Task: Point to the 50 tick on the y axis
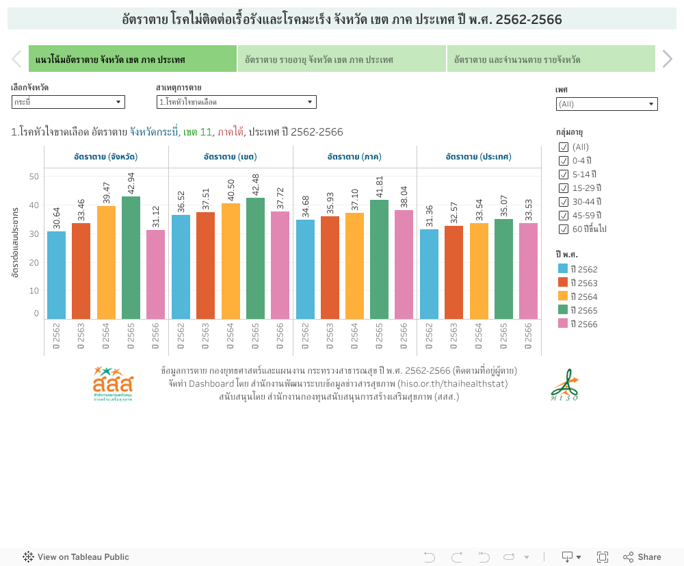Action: (34, 177)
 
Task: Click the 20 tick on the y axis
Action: (34, 262)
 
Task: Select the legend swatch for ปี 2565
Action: (564, 310)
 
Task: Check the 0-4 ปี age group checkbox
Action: (564, 160)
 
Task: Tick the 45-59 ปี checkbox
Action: (564, 215)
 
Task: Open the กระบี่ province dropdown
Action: (68, 102)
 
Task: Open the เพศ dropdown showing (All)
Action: (606, 104)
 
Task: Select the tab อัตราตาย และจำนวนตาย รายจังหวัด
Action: (551, 60)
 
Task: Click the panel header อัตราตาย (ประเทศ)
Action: (479, 157)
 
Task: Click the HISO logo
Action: (565, 385)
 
